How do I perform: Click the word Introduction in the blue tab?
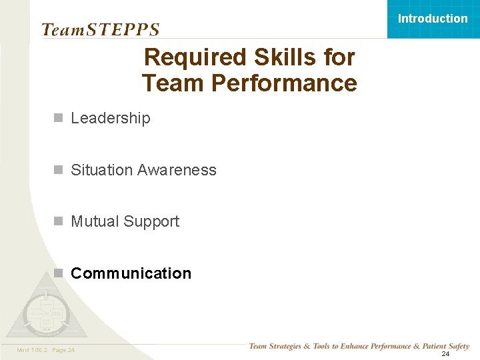tap(433, 19)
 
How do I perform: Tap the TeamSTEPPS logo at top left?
tap(101, 29)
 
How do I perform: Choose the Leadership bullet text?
tap(111, 118)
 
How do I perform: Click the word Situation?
tap(101, 170)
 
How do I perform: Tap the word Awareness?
tap(177, 170)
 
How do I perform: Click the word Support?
tap(152, 221)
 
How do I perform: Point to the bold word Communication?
tap(131, 273)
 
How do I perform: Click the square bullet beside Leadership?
tap(59, 118)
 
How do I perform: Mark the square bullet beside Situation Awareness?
tap(59, 170)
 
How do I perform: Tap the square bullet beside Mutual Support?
tap(59, 221)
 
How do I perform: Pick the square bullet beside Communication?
tap(59, 273)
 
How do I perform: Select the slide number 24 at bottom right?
tap(445, 353)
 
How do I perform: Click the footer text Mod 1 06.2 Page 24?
tap(45, 350)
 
